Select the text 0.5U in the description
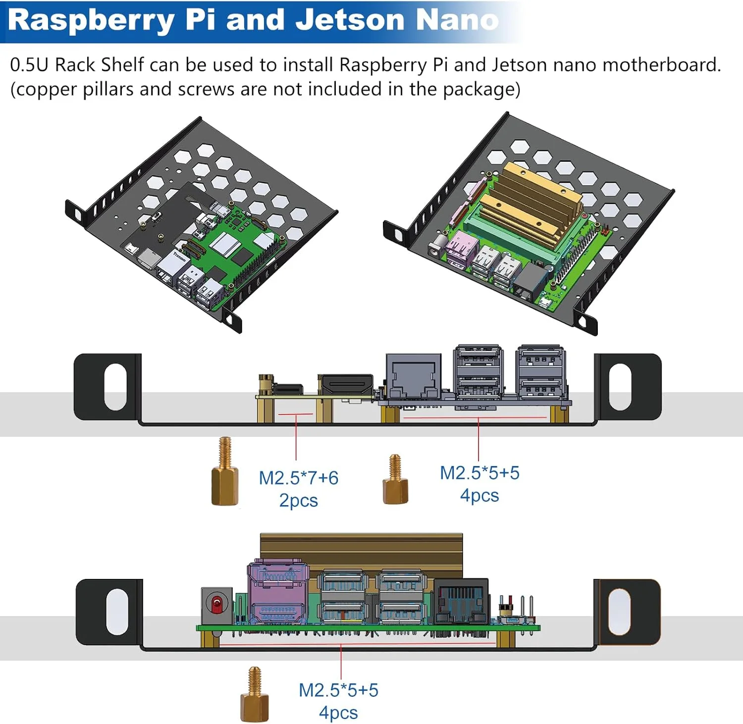coord(28,65)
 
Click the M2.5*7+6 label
coord(299,478)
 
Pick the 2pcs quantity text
coord(298,500)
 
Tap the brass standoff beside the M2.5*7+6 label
coord(225,473)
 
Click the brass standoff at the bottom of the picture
coord(255,696)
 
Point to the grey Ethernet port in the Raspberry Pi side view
coord(413,376)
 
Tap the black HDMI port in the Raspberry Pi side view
coord(346,385)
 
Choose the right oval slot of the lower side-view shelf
coord(619,612)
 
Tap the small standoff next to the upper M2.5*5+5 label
coord(395,480)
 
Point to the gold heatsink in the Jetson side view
coord(362,550)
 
